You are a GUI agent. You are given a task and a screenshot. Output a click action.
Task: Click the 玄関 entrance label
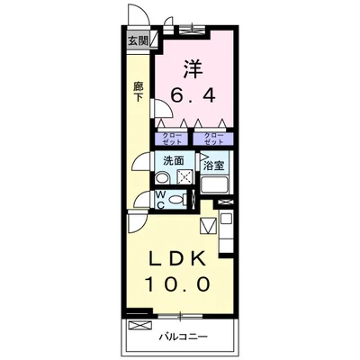click(137, 40)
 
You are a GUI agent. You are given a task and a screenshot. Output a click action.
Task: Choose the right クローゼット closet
click(213, 139)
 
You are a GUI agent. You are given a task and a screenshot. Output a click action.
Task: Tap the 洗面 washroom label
click(174, 161)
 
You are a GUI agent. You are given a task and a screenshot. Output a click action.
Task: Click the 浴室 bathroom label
click(213, 166)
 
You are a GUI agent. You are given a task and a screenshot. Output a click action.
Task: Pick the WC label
click(160, 199)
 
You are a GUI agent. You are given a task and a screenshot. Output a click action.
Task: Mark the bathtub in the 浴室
click(216, 185)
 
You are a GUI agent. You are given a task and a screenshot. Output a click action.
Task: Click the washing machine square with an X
click(184, 176)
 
